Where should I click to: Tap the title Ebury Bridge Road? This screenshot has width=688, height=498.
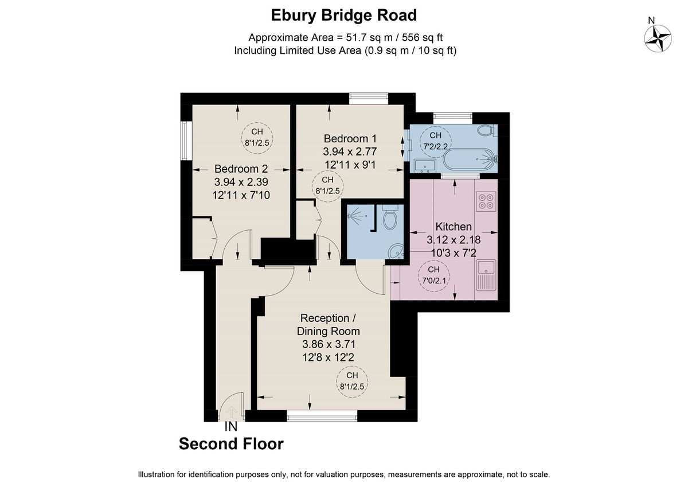click(344, 15)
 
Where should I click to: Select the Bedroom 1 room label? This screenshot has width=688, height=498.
click(350, 139)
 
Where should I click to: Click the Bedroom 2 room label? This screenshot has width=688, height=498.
click(241, 169)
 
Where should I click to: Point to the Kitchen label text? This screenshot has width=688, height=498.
click(454, 227)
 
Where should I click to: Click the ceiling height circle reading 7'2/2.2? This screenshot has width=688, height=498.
click(436, 140)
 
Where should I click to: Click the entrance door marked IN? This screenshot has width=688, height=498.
click(232, 408)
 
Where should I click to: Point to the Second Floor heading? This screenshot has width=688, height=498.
click(231, 443)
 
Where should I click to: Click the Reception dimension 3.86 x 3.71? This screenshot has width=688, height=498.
click(329, 344)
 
